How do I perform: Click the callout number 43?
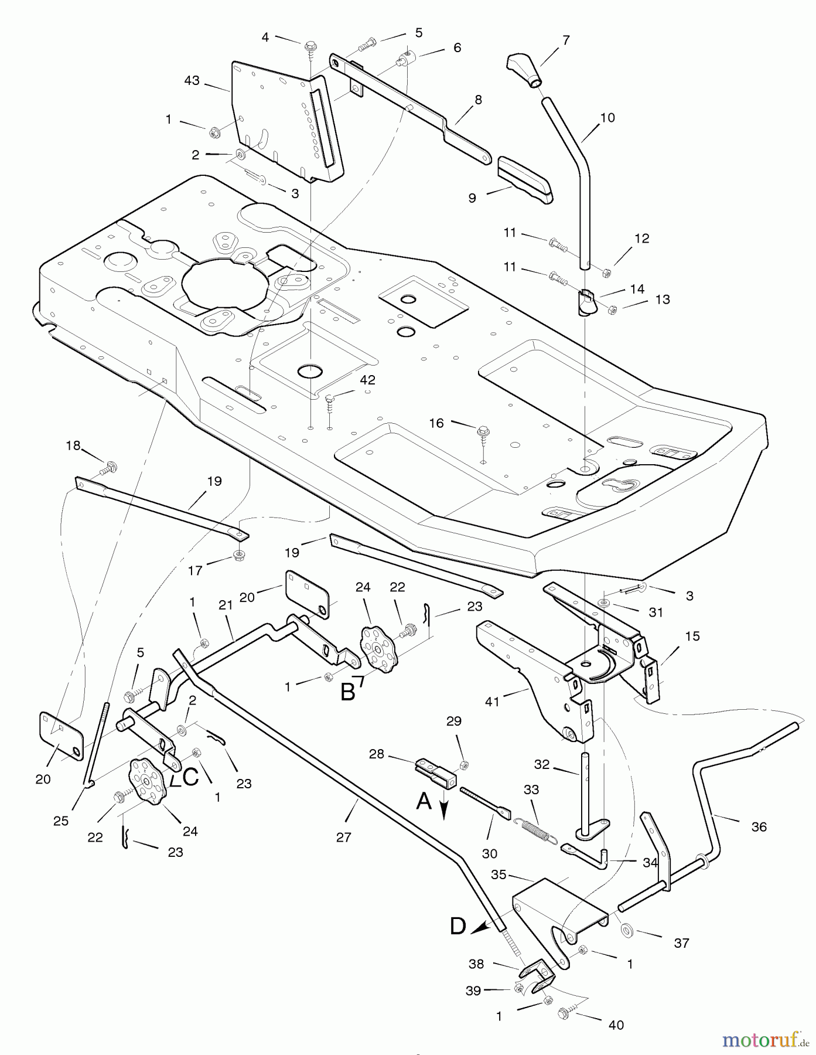pyautogui.click(x=192, y=80)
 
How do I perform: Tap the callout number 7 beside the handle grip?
pyautogui.click(x=565, y=40)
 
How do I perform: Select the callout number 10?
pyautogui.click(x=607, y=118)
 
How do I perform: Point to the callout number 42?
pyautogui.click(x=367, y=380)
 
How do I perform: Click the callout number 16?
pyautogui.click(x=436, y=423)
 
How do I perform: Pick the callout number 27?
pyautogui.click(x=344, y=837)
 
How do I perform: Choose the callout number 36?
pyautogui.click(x=759, y=826)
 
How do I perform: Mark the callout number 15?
pyautogui.click(x=692, y=636)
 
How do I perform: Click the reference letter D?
pyautogui.click(x=458, y=926)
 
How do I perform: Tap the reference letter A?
pyautogui.click(x=424, y=801)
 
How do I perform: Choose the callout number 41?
pyautogui.click(x=492, y=701)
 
